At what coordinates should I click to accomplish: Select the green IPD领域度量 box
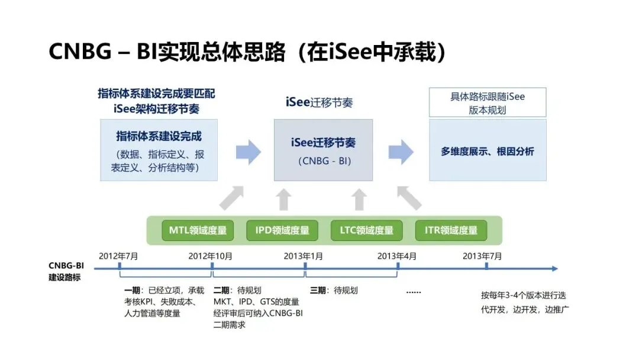[x=282, y=231]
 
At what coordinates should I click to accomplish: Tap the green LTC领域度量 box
[x=366, y=231]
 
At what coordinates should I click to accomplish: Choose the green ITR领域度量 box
[x=451, y=231]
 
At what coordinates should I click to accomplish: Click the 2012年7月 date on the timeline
[x=118, y=256]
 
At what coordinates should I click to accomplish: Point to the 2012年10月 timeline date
[x=211, y=256]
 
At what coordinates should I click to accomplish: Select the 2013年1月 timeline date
[x=304, y=256]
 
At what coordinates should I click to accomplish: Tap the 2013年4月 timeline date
[x=397, y=256]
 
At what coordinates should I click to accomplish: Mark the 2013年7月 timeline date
[x=482, y=256]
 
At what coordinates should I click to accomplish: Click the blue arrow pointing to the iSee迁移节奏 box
[x=248, y=152]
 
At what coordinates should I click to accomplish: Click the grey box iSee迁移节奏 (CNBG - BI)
[x=323, y=150]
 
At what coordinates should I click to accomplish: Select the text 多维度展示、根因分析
[x=488, y=152]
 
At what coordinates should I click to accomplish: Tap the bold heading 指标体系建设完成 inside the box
[x=159, y=137]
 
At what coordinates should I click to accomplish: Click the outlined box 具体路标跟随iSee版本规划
[x=488, y=102]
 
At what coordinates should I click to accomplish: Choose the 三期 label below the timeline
[x=318, y=291]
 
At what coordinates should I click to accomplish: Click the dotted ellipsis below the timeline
[x=414, y=292]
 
